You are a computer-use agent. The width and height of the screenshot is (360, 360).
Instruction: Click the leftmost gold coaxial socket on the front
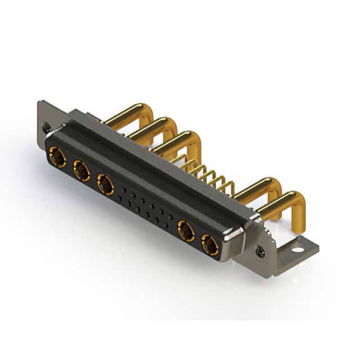[x=57, y=157]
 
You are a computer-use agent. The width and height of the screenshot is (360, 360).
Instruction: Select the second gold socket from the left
[x=82, y=170]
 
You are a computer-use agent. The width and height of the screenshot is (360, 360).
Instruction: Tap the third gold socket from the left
[x=105, y=184]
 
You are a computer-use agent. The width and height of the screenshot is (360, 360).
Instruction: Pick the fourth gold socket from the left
[x=186, y=231]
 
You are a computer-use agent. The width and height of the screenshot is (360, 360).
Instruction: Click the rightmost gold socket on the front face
[x=210, y=245]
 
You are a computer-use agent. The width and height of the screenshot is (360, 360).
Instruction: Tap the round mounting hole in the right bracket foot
[x=295, y=245]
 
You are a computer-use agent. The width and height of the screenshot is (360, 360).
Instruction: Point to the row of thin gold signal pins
[x=208, y=174]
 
